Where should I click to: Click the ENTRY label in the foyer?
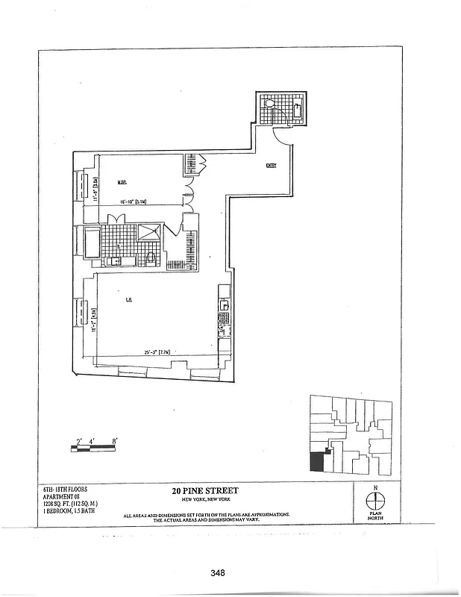271,166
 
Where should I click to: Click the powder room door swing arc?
285,135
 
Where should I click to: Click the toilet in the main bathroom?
150,258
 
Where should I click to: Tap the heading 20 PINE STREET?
205,491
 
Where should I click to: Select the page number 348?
218,573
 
